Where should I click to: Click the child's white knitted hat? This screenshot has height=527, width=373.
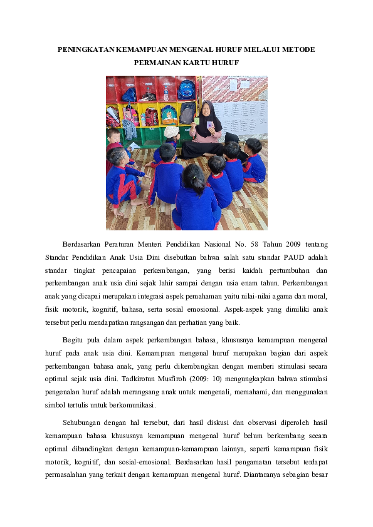pyautogui.click(x=171, y=132)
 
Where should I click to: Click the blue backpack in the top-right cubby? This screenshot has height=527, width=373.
pyautogui.click(x=186, y=90)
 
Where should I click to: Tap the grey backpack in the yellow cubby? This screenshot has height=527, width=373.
pyautogui.click(x=187, y=114)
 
